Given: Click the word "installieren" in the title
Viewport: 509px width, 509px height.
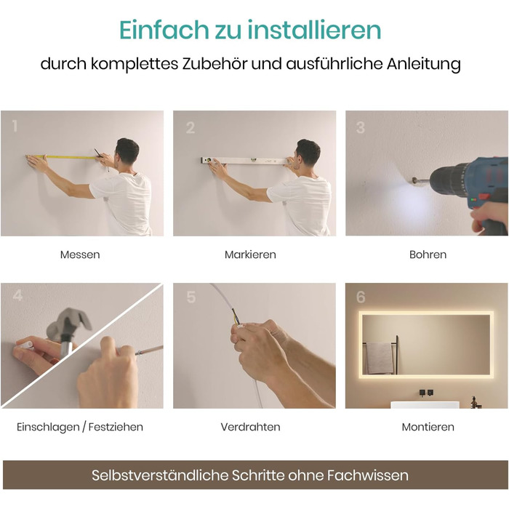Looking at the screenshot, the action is (x=314, y=30).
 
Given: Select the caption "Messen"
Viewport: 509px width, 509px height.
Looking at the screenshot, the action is (x=80, y=254).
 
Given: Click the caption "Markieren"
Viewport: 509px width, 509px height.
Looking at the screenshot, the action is (x=250, y=254).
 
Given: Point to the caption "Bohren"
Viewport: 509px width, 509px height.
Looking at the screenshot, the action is (x=428, y=254).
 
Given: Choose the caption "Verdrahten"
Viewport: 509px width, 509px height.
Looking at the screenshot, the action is (x=250, y=427).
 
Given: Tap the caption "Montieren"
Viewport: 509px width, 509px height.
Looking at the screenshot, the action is (x=428, y=427).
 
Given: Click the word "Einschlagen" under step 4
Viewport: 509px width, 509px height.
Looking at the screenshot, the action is (x=48, y=428).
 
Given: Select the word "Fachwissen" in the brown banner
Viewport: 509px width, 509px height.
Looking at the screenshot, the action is (x=367, y=476).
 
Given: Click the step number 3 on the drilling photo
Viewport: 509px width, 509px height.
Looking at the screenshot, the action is (x=361, y=127).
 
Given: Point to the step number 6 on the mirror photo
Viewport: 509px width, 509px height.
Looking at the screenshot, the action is (x=361, y=297).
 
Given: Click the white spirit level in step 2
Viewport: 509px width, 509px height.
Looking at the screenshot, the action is (x=244, y=160).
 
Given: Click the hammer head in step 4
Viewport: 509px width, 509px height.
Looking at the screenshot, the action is (x=69, y=322).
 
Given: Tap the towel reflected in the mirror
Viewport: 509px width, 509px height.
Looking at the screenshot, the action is (x=379, y=357).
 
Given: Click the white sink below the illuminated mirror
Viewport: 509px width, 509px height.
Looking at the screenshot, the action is (x=425, y=404).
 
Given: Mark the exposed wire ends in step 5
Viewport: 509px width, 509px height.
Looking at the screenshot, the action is (x=236, y=318).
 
